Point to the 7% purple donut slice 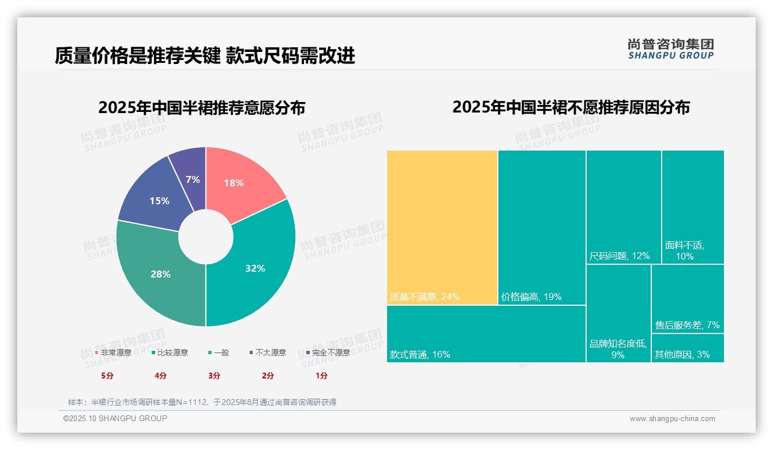click(192, 176)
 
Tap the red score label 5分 click(107, 376)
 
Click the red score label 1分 click(321, 376)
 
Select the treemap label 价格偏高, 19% click(531, 297)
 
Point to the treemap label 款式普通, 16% click(419, 354)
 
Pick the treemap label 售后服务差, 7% click(687, 325)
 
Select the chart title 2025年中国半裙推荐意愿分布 click(201, 108)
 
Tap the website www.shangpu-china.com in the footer click(672, 419)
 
